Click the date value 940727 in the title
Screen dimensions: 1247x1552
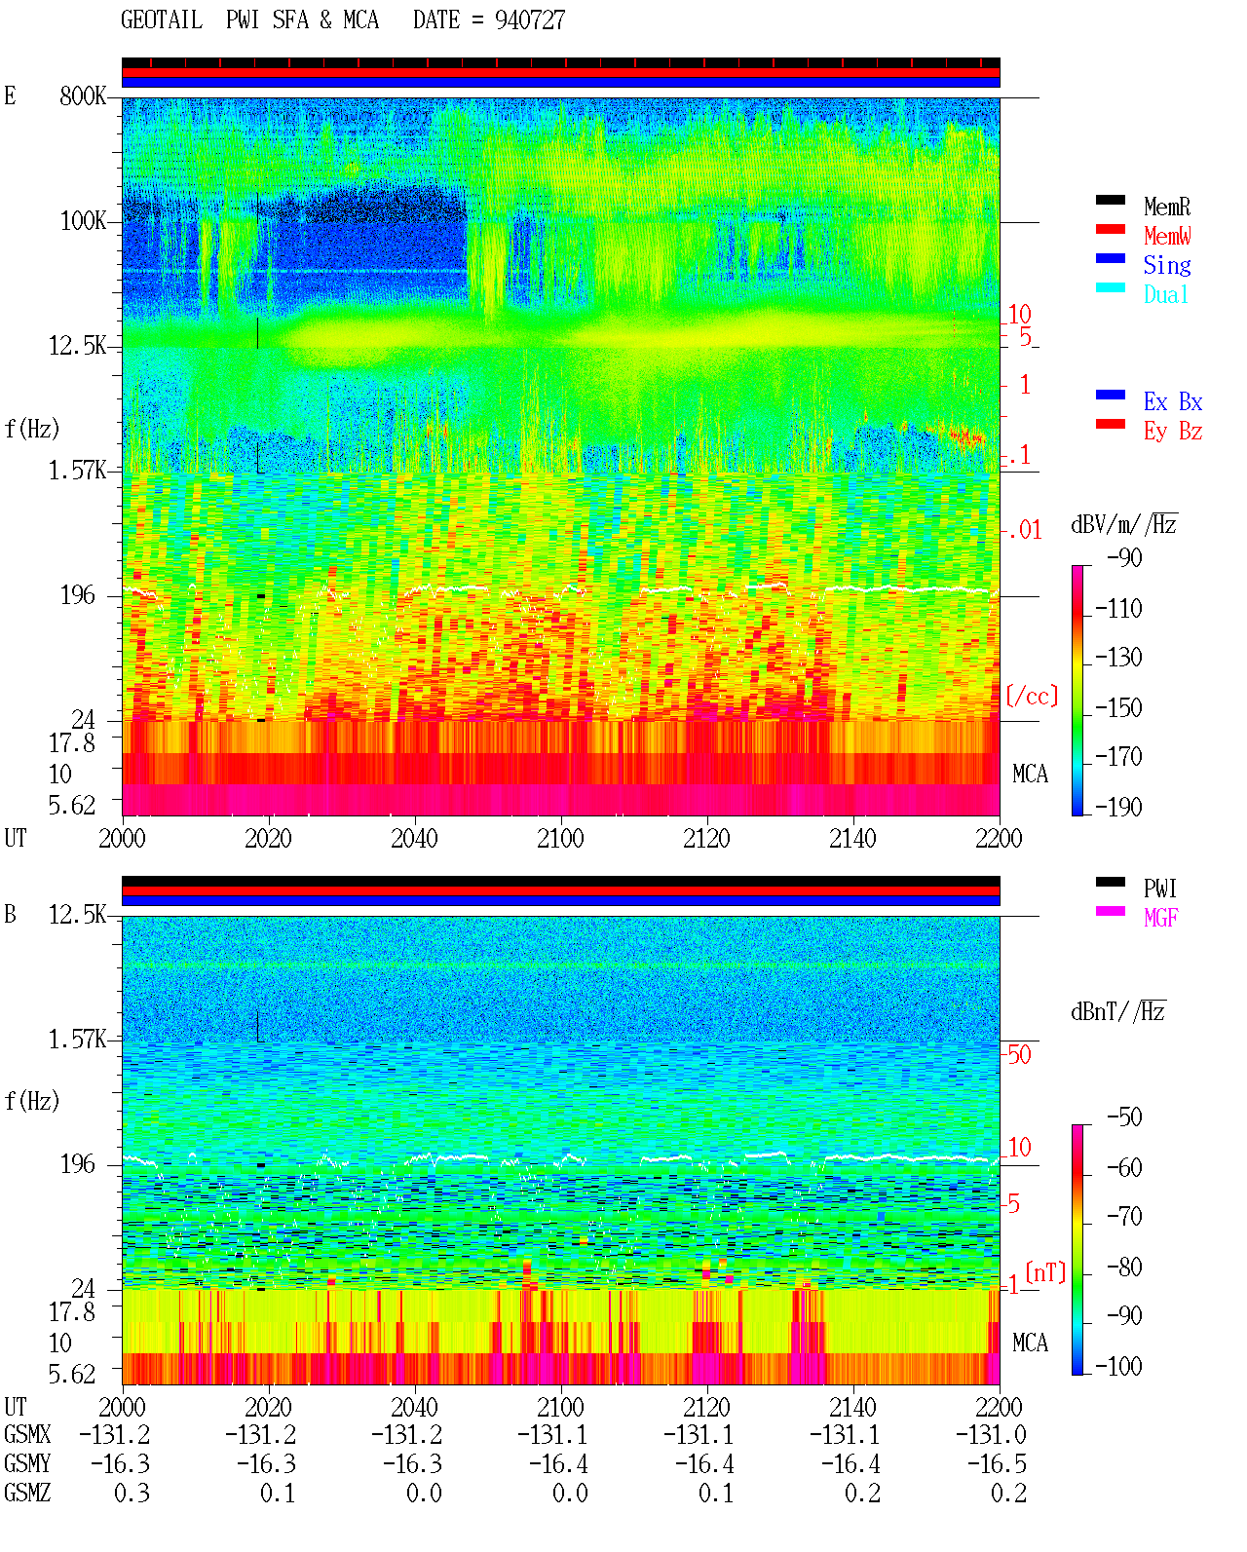point(529,20)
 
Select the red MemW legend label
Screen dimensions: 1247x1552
point(1167,236)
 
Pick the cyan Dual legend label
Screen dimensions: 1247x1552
point(1165,294)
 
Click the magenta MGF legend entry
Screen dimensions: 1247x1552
point(1160,918)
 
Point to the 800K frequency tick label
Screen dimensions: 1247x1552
point(83,95)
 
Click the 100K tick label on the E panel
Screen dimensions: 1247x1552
point(83,221)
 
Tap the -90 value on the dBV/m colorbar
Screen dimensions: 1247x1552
point(1123,558)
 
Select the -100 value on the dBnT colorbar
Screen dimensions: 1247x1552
point(1118,1366)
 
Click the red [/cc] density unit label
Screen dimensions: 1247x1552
point(1032,696)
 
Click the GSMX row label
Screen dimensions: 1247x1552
point(27,1435)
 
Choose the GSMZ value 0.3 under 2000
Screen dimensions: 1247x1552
point(132,1493)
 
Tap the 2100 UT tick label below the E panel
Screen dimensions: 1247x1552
point(560,839)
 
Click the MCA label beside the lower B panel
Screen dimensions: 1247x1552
point(1030,1343)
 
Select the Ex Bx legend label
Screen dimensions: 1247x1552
point(1173,401)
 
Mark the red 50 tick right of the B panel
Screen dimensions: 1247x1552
point(1019,1055)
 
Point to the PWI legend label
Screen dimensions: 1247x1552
point(1159,889)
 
